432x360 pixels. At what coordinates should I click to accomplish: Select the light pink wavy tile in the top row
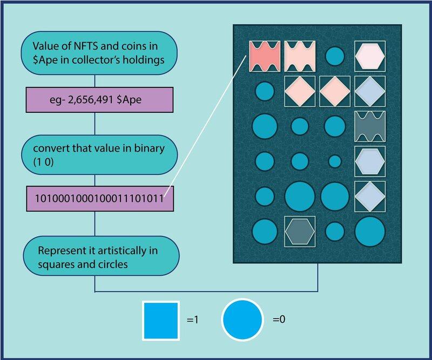[300, 55]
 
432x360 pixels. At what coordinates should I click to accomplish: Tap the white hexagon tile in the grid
[370, 55]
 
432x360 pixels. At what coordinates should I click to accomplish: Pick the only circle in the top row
[335, 55]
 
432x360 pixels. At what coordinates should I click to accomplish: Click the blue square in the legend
[161, 320]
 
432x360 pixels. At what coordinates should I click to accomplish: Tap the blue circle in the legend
[242, 320]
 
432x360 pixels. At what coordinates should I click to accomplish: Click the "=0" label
[279, 321]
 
